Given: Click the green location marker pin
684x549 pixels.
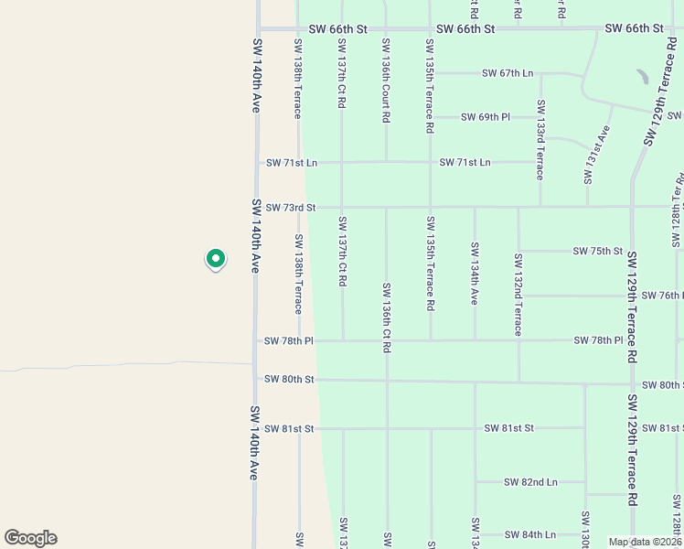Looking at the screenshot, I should pyautogui.click(x=215, y=261).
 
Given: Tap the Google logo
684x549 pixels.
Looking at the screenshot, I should pyautogui.click(x=30, y=538).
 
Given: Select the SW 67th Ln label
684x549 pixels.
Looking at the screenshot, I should pyautogui.click(x=508, y=73).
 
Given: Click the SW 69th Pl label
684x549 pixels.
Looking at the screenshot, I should pyautogui.click(x=486, y=117).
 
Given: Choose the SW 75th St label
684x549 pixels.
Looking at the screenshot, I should pyautogui.click(x=598, y=251).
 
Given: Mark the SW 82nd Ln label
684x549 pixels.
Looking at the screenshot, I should pyautogui.click(x=531, y=482).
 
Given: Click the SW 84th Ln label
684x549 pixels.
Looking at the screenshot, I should pyautogui.click(x=529, y=534).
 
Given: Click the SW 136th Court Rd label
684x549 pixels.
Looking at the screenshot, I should pyautogui.click(x=386, y=81).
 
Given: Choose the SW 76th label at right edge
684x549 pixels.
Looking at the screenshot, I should pyautogui.click(x=662, y=296).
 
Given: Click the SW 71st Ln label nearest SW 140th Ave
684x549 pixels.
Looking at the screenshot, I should pyautogui.click(x=292, y=163).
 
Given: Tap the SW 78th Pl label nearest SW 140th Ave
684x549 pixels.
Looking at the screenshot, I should pyautogui.click(x=289, y=341).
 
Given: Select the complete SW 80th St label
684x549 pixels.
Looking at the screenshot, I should pyautogui.click(x=289, y=379).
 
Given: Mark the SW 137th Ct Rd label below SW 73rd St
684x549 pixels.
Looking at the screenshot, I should pyautogui.click(x=342, y=252).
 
